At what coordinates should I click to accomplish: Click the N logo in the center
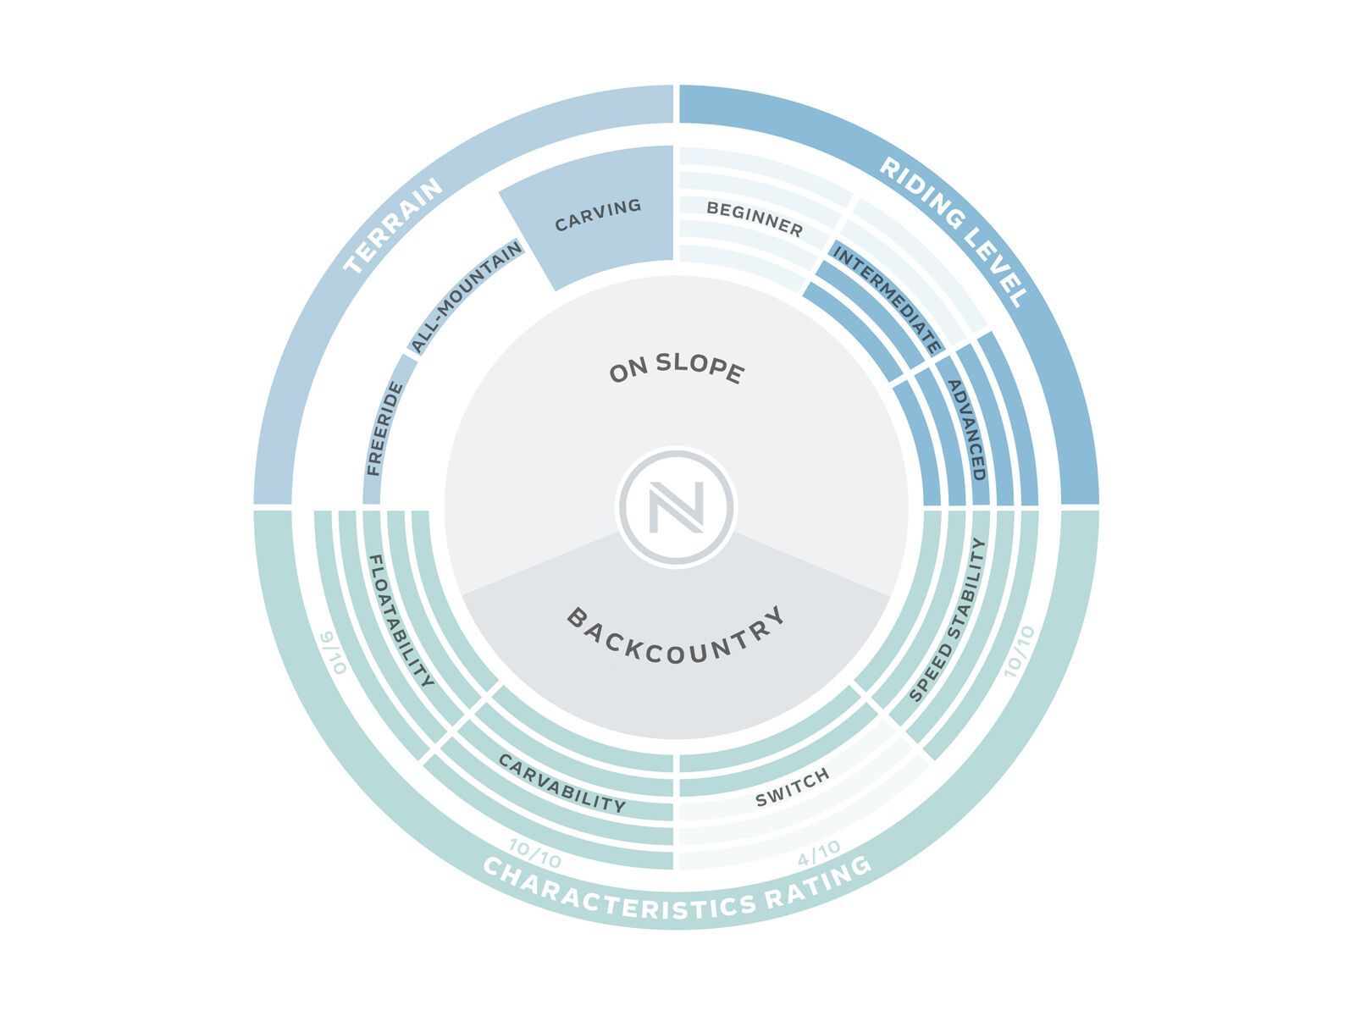[676, 507]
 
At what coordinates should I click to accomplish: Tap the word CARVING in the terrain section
[598, 215]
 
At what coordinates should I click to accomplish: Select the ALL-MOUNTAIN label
[467, 298]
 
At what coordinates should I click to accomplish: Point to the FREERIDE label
[385, 429]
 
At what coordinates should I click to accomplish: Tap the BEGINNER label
[755, 219]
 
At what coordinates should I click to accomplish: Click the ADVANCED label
[966, 430]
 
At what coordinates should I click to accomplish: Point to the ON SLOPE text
[677, 369]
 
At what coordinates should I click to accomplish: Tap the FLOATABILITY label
[401, 621]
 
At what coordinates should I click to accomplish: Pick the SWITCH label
[792, 788]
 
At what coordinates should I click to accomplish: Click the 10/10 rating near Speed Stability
[1019, 651]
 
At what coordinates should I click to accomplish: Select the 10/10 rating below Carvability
[534, 853]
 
